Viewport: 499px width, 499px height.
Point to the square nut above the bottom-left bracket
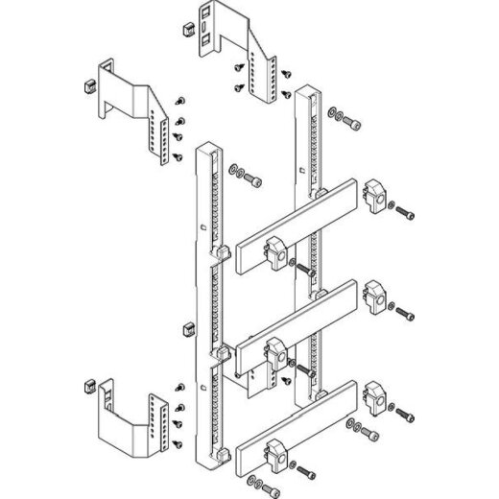[187, 333]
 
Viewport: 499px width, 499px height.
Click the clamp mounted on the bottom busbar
[278, 450]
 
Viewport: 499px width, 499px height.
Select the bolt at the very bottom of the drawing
[306, 471]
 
